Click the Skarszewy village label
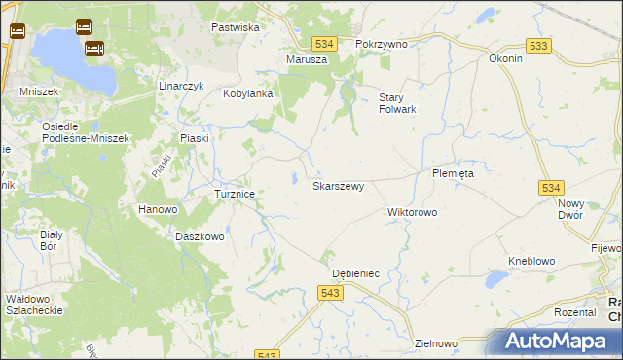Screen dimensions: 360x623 tap(338, 186)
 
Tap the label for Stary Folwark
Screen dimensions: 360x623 tap(397, 103)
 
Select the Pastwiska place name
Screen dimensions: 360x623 tap(236, 27)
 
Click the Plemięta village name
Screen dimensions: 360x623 tap(453, 173)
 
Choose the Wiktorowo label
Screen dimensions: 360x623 tap(413, 212)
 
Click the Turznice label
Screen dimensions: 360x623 tap(235, 195)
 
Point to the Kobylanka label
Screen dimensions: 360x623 tap(247, 94)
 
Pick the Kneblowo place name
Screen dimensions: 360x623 tap(531, 262)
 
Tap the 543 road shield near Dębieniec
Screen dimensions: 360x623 tap(329, 292)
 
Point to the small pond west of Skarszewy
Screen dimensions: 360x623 tap(294, 177)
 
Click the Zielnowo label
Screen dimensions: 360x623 tap(435, 343)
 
